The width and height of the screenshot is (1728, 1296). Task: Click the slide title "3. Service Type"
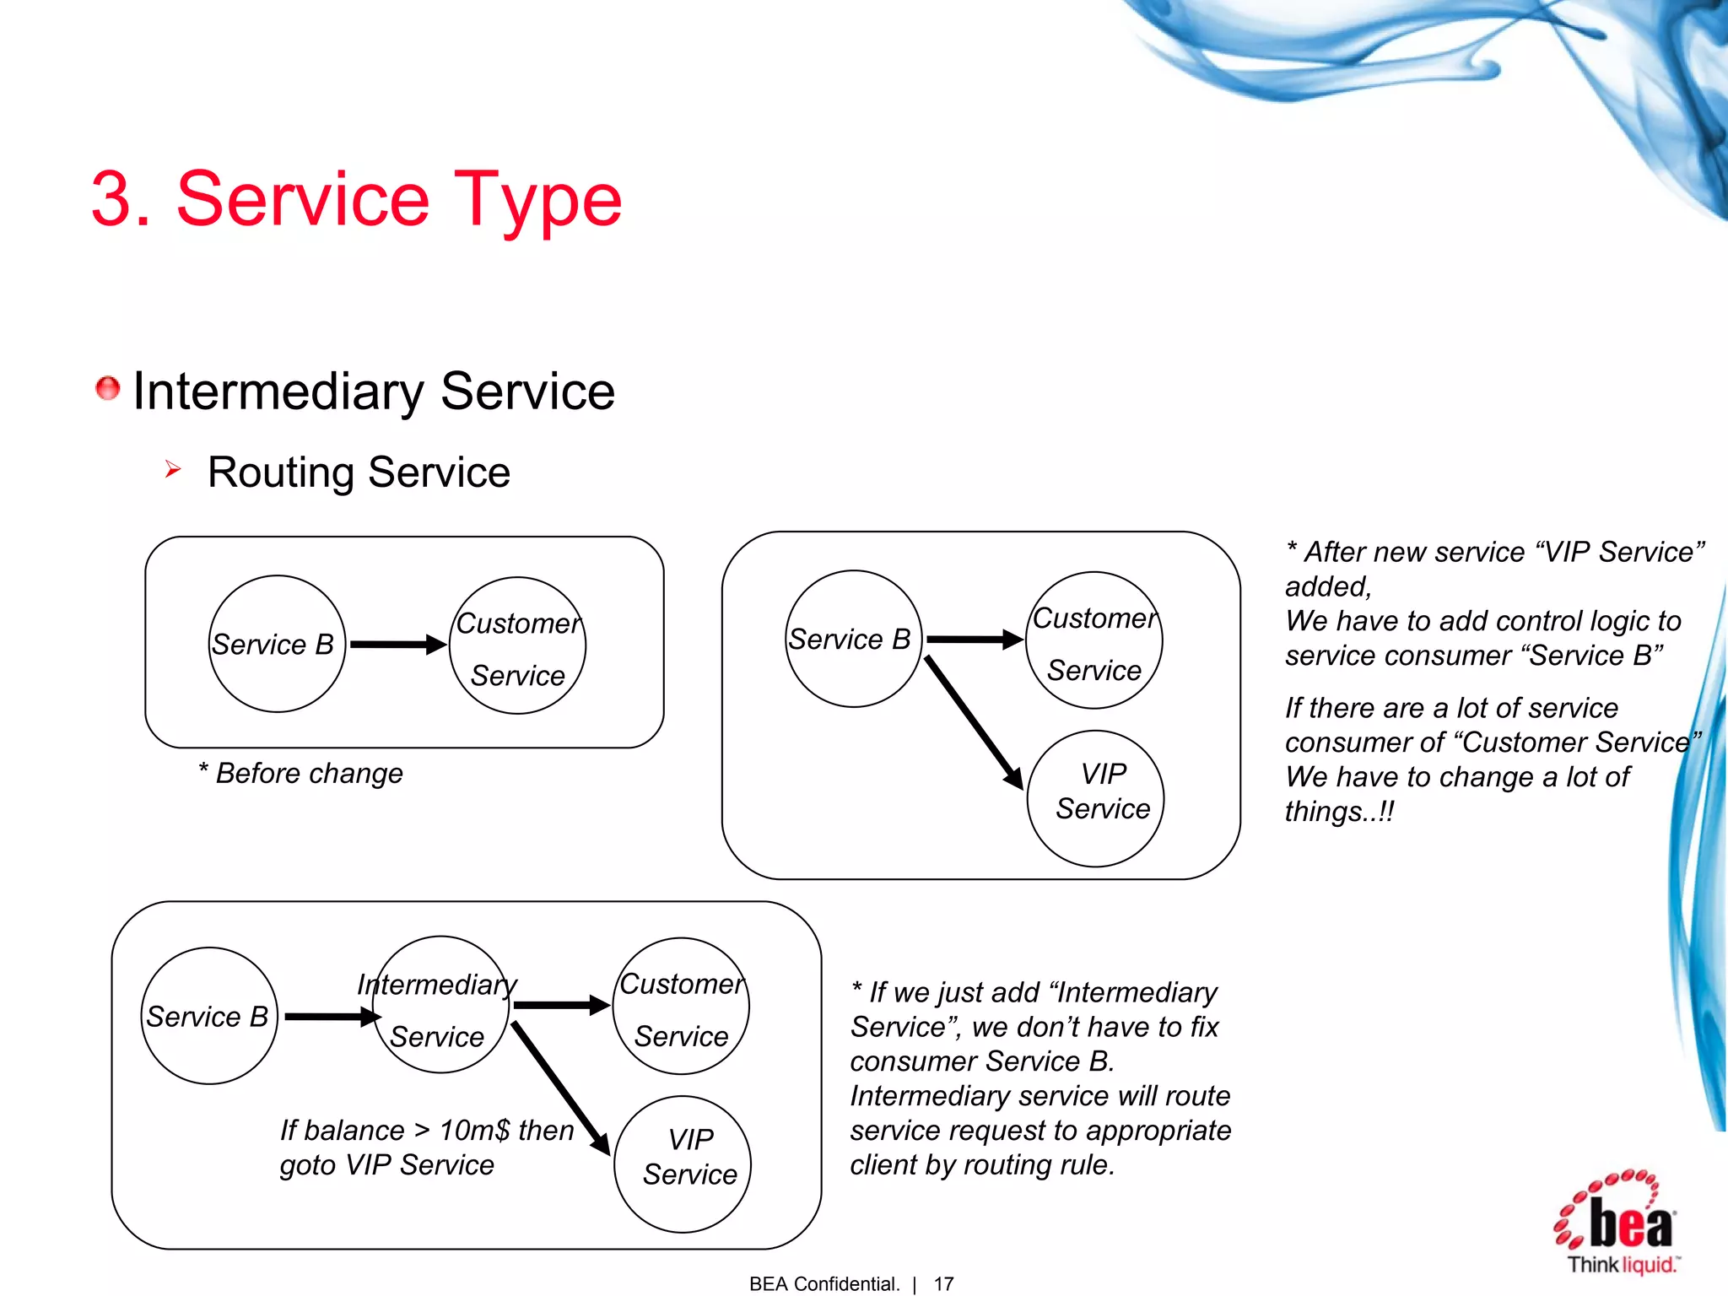tap(356, 199)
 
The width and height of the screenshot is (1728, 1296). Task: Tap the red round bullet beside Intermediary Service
tap(107, 388)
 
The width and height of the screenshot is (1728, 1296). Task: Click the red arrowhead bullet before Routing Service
tap(173, 469)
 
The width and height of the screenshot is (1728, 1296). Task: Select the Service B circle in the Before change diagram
tap(277, 644)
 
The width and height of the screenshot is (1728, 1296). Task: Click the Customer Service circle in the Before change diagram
tap(517, 646)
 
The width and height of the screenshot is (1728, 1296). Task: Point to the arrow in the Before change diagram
tap(397, 645)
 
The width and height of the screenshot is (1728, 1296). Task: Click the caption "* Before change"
tap(301, 773)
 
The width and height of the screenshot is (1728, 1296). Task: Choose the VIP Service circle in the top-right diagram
tap(1095, 798)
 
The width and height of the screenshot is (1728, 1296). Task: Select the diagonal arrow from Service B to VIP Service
tap(974, 722)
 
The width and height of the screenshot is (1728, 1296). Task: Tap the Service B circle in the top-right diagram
tap(853, 639)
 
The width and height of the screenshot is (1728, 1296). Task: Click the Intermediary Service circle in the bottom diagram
tap(440, 1005)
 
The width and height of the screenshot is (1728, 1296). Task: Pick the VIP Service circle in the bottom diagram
tap(683, 1164)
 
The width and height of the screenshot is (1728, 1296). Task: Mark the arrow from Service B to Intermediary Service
tap(332, 1017)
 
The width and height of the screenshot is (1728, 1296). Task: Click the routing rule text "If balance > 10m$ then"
tap(427, 1130)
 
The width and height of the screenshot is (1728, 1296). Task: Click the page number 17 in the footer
tap(943, 1283)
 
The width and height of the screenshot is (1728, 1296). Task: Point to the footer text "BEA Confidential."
tap(824, 1283)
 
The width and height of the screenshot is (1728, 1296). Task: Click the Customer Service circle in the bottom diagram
tap(682, 1006)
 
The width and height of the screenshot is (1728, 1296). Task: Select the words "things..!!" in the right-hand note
tap(1339, 812)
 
